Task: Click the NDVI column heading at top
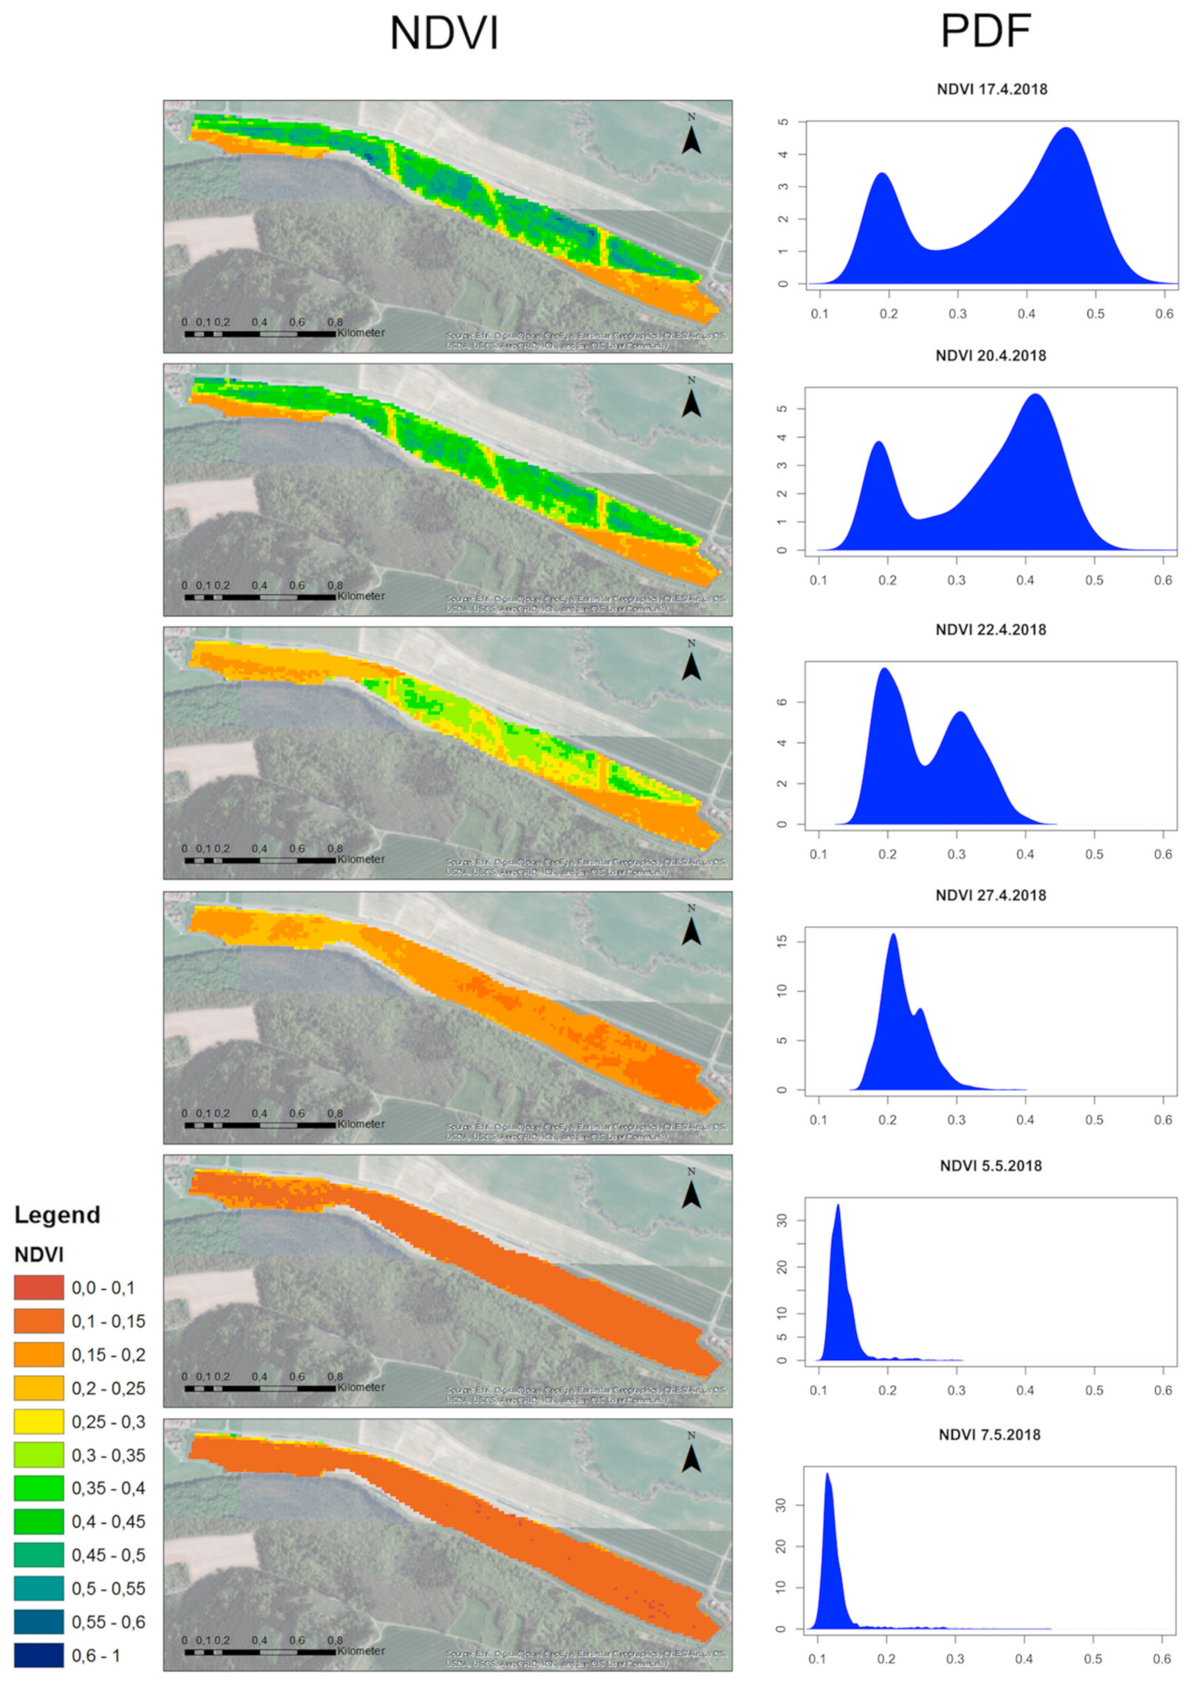(x=444, y=34)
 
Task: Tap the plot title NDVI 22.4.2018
(x=991, y=630)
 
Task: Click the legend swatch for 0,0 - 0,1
(x=38, y=1287)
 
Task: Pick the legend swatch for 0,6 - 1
(x=38, y=1655)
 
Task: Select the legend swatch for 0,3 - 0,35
(x=38, y=1455)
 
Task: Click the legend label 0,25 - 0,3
(x=108, y=1422)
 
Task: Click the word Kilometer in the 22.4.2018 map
(x=361, y=859)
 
